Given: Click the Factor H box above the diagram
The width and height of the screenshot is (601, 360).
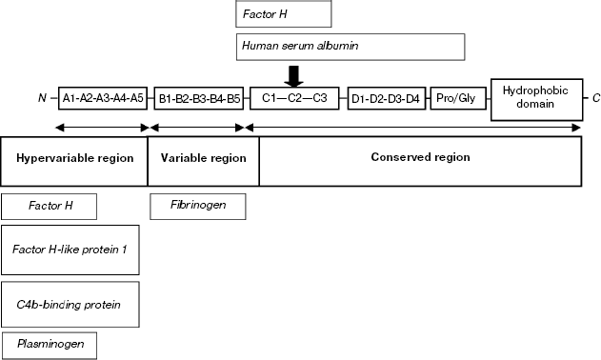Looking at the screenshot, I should coord(283,14).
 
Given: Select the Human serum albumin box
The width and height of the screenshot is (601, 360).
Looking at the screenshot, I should coord(350,46).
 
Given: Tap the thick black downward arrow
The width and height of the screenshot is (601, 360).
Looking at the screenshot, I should coord(295,75).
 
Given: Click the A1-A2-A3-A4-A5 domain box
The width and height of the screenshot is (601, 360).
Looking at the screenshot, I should coord(103,97).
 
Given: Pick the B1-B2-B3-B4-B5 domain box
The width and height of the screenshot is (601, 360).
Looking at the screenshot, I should coord(199,97).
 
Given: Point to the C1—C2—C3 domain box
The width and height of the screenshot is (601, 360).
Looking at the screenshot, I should coord(294,97).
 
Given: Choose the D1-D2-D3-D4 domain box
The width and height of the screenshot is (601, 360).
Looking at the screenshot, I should coord(386,97).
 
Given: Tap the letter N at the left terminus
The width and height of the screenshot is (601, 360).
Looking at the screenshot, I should coord(42,97).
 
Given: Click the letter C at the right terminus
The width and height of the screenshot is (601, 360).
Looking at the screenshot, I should coord(595,97).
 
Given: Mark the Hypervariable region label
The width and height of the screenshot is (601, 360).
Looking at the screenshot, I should coord(74,157).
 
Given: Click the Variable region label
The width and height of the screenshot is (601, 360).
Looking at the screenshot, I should coord(203,157).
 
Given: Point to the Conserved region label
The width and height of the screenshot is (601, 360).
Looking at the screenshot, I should coord(420,156).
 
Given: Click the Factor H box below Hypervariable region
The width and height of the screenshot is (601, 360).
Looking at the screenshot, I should coord(50,205).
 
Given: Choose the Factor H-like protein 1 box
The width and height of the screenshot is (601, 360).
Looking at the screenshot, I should coord(71,250).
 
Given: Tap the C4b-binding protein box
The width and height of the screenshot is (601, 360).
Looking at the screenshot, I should coord(71,304).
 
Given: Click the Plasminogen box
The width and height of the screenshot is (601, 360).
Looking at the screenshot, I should coord(50,343).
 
